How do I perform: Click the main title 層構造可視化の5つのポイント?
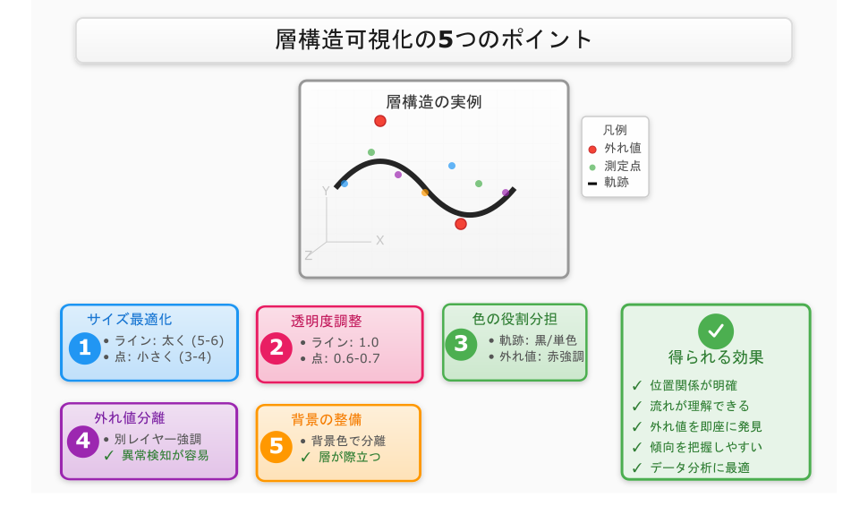(x=434, y=40)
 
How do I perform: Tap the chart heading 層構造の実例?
(x=434, y=102)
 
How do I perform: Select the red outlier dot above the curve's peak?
(x=380, y=121)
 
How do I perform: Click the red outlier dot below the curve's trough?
(x=461, y=224)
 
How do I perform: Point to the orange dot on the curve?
(x=425, y=193)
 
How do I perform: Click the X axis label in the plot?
(x=379, y=240)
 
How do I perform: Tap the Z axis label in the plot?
(x=309, y=255)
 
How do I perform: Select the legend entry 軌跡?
(x=616, y=183)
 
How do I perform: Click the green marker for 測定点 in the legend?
(x=592, y=167)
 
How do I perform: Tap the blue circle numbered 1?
(x=85, y=348)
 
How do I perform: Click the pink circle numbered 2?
(x=277, y=348)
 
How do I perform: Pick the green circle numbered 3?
(x=461, y=344)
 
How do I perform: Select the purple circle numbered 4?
(x=83, y=441)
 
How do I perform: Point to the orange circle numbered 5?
(x=277, y=446)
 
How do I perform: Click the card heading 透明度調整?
(x=327, y=321)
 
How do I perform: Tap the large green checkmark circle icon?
(x=716, y=331)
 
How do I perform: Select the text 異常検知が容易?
(x=165, y=455)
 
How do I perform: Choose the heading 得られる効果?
(x=716, y=357)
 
